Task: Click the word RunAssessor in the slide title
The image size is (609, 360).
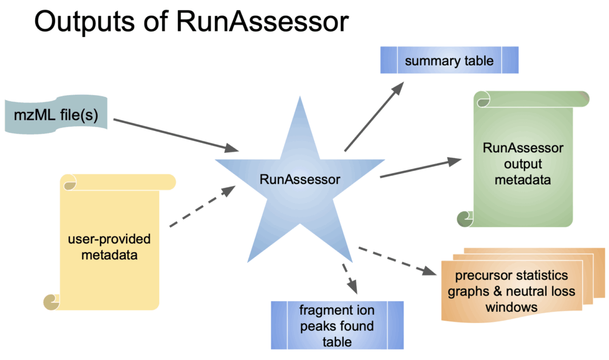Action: pos(262,22)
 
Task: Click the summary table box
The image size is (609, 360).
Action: pos(449,61)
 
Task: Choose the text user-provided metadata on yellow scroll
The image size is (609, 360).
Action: pos(109,248)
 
